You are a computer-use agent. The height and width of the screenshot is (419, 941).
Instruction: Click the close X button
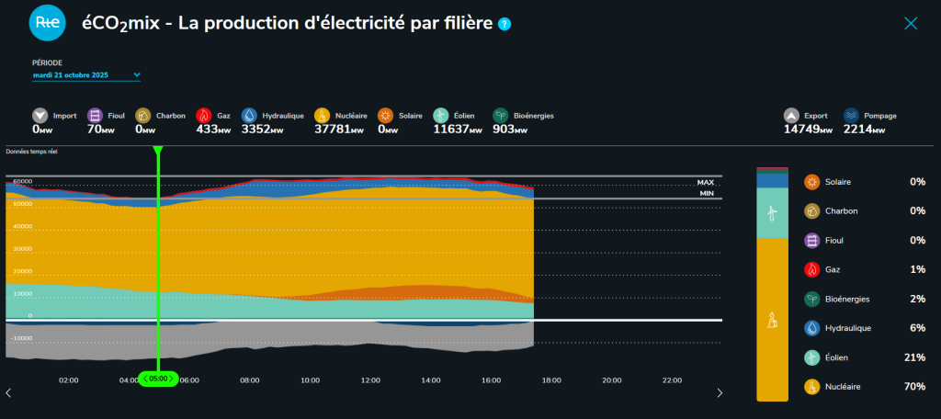point(911,23)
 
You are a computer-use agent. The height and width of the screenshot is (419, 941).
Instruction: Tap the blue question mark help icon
point(505,24)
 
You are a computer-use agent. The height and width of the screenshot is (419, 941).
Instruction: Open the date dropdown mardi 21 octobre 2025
point(86,75)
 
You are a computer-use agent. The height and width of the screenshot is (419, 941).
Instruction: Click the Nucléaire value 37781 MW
point(341,130)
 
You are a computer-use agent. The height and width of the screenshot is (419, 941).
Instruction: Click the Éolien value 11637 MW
point(457,130)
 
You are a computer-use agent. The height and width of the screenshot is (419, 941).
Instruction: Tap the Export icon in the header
point(791,116)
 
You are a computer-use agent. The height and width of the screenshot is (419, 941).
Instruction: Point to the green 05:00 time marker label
point(158,379)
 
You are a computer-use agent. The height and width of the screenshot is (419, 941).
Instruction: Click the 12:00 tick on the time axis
point(370,379)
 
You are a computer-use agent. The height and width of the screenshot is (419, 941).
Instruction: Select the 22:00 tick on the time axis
point(672,379)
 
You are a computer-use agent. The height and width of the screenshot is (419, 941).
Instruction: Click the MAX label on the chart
point(706,183)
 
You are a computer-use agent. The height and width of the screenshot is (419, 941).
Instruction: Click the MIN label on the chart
point(706,193)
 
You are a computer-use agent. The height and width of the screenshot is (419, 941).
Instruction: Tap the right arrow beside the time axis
point(720,393)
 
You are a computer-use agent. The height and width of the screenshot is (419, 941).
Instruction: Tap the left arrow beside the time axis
point(8,393)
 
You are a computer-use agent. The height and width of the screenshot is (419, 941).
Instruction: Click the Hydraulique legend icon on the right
point(811,328)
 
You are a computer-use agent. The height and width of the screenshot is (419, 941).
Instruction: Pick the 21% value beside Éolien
point(914,357)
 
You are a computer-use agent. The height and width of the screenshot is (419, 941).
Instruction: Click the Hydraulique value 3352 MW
point(262,130)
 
